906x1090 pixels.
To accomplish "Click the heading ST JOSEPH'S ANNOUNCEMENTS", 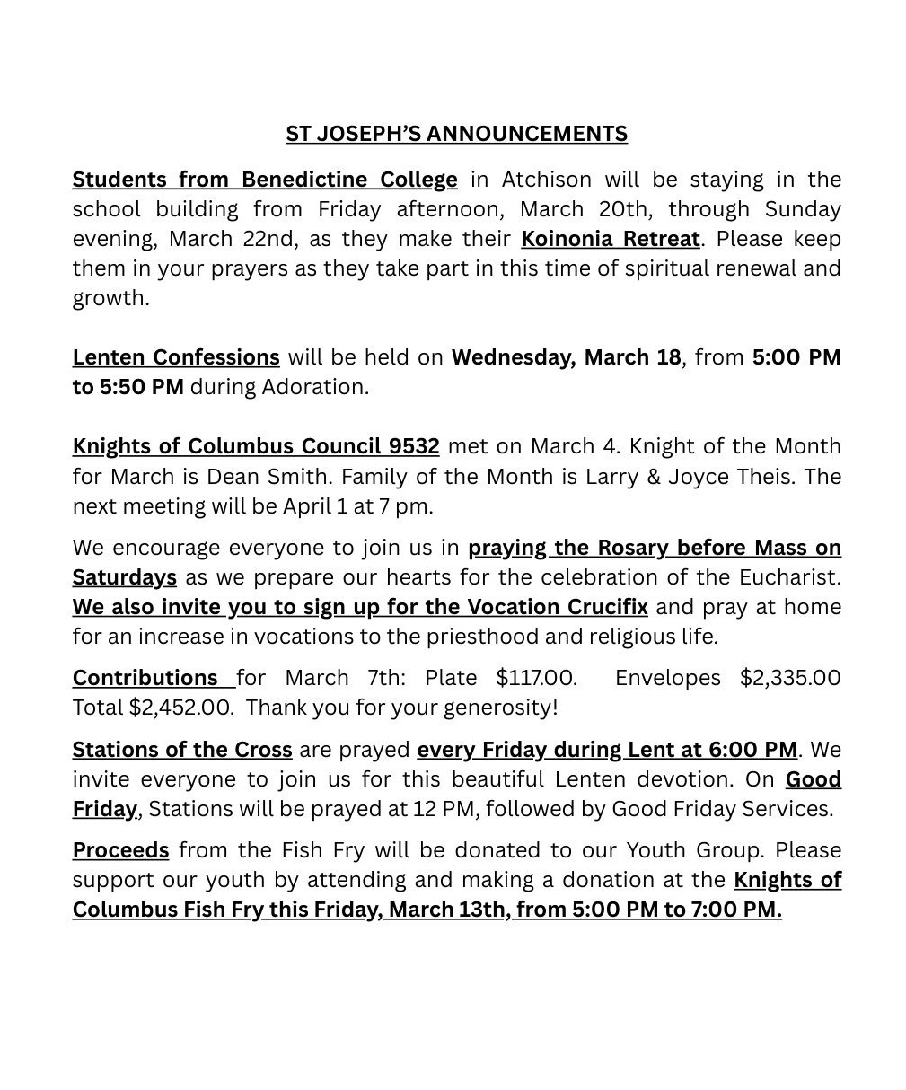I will (456, 134).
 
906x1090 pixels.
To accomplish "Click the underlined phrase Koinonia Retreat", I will (610, 239).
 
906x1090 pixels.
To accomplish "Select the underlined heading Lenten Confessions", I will (176, 357).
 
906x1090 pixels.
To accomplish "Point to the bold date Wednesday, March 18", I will (566, 357).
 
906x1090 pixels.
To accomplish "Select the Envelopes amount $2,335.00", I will (789, 678).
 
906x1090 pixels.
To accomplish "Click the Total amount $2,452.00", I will (180, 708).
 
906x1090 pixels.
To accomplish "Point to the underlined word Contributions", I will (145, 678).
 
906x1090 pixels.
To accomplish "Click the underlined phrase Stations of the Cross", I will (182, 750).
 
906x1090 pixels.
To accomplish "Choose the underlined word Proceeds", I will (120, 850).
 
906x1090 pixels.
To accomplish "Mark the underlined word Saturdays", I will (124, 577).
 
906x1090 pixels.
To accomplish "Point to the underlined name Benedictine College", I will (349, 180).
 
